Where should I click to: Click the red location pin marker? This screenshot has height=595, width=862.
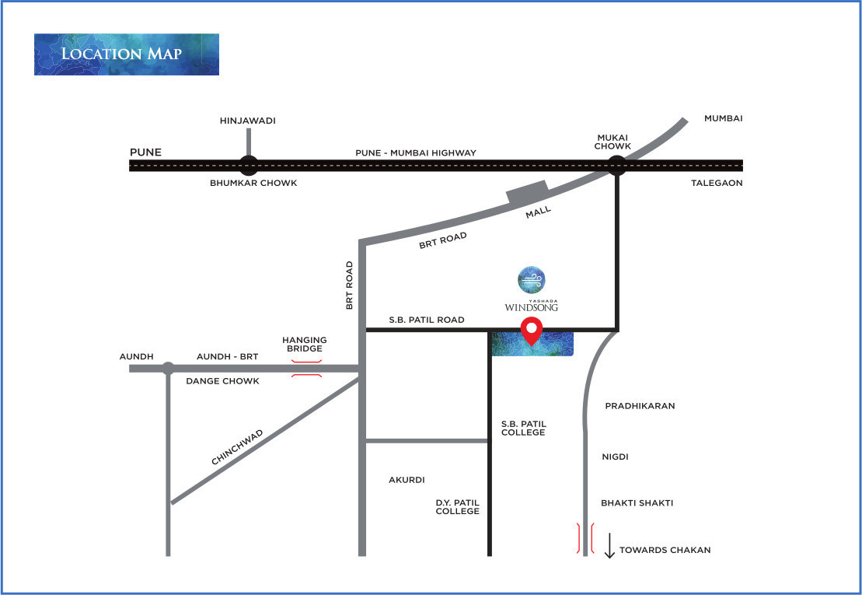pyautogui.click(x=532, y=330)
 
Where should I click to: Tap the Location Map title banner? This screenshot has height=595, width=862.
pyautogui.click(x=127, y=54)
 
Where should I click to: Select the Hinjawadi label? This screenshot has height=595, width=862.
pyautogui.click(x=248, y=121)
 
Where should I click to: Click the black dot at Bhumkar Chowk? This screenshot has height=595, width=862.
pyautogui.click(x=249, y=165)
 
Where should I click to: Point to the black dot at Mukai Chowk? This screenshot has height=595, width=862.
pyautogui.click(x=616, y=165)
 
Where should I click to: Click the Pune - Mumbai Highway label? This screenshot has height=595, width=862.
pyautogui.click(x=416, y=153)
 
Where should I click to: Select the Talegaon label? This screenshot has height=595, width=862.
pyautogui.click(x=717, y=183)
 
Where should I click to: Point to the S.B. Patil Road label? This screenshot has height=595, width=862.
pyautogui.click(x=427, y=320)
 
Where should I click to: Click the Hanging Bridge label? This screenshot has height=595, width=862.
pyautogui.click(x=305, y=345)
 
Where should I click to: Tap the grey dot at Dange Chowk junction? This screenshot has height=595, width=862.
pyautogui.click(x=168, y=369)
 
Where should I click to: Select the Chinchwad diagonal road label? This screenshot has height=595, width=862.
pyautogui.click(x=237, y=447)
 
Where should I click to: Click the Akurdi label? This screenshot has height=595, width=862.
pyautogui.click(x=407, y=480)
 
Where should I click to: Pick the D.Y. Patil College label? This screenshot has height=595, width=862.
pyautogui.click(x=457, y=506)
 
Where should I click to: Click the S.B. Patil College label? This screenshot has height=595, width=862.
pyautogui.click(x=523, y=428)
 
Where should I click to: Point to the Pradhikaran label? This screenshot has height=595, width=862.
pyautogui.click(x=640, y=406)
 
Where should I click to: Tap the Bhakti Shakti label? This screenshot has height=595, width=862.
pyautogui.click(x=637, y=503)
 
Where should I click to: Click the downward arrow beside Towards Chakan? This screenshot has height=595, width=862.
pyautogui.click(x=609, y=545)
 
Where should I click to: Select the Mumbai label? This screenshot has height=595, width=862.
pyautogui.click(x=724, y=118)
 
